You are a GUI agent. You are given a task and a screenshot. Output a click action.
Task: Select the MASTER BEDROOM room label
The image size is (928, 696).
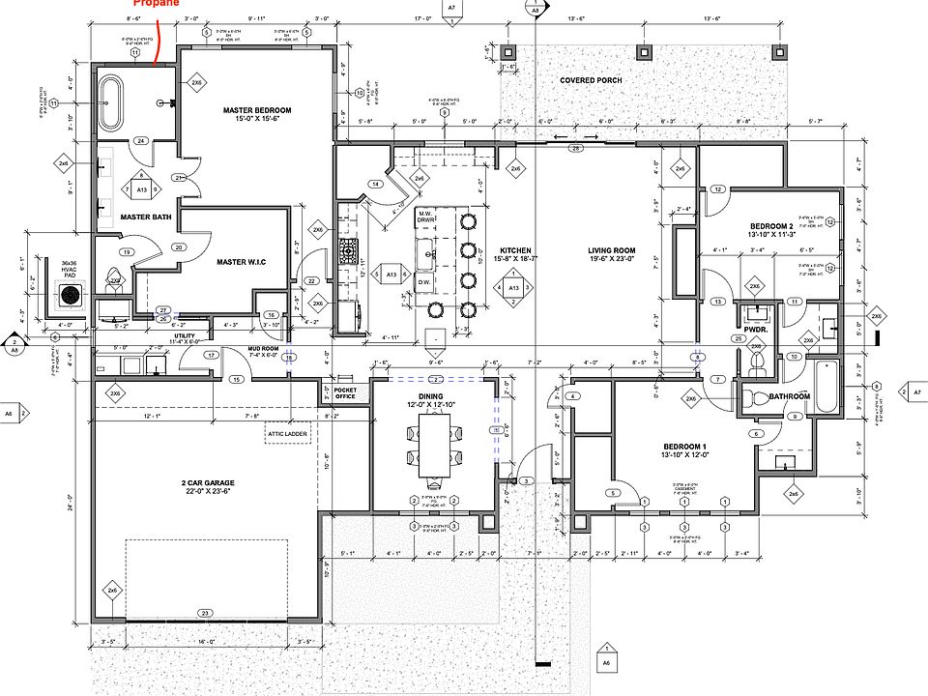256,115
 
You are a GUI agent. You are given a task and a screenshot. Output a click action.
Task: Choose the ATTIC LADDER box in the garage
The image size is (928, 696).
288,435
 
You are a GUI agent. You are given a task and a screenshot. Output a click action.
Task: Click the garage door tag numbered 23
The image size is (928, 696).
204,613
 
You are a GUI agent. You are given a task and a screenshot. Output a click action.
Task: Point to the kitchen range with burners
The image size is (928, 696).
348,251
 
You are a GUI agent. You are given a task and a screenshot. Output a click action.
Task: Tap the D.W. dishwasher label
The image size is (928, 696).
423,282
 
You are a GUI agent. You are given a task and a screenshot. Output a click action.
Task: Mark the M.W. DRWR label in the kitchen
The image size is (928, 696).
425,217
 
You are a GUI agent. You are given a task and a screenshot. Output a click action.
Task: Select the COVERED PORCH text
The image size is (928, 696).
591,80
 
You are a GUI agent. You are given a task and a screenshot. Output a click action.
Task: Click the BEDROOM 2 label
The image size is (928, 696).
770,229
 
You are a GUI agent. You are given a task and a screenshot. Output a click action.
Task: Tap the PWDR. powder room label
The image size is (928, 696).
755,329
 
